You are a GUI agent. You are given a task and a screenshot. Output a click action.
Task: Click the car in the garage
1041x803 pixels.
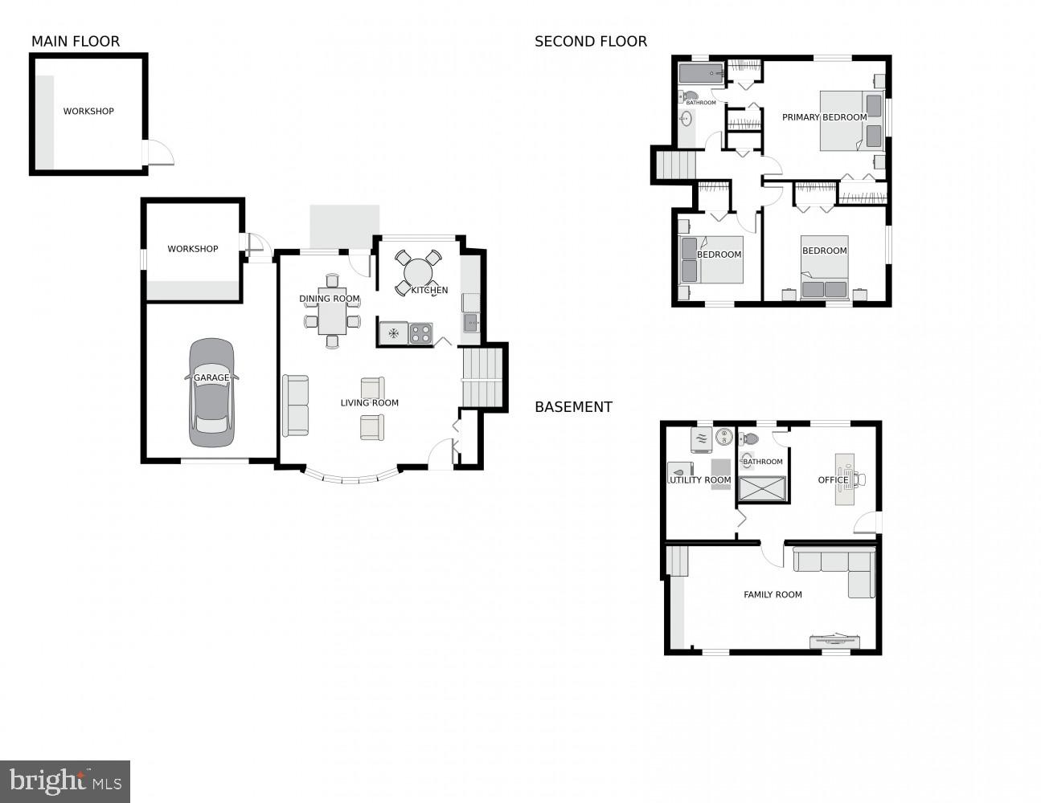coord(212,393)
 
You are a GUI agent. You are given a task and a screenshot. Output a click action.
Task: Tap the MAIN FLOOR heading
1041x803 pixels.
coord(76,42)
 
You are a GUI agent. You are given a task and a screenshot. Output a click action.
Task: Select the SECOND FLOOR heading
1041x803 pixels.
coord(591,42)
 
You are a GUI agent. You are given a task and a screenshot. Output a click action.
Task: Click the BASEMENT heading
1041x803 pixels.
coord(573,407)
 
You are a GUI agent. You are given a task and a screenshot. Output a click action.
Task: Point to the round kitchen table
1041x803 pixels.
coord(418,273)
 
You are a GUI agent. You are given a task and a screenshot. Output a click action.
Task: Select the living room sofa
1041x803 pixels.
coord(295,406)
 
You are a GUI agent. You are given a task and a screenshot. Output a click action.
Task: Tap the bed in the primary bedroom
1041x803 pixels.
coord(850,120)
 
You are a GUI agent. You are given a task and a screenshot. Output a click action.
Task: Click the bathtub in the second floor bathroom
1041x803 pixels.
coord(701,74)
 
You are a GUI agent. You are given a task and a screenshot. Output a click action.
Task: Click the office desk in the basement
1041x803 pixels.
coord(844,479)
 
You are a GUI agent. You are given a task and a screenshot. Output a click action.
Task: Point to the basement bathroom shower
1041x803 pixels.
coord(761,489)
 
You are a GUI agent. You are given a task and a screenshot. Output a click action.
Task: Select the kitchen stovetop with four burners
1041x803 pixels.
coord(420,333)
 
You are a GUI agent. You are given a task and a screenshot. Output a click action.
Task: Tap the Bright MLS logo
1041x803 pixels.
coord(65,781)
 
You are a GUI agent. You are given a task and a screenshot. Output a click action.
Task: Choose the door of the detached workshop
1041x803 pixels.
coord(159,153)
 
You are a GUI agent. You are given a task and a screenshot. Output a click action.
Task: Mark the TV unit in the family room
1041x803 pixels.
coord(834,641)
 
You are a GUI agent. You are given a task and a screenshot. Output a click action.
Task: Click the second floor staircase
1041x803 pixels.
coord(675,166)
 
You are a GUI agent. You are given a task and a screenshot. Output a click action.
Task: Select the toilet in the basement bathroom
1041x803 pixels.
coord(749,439)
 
